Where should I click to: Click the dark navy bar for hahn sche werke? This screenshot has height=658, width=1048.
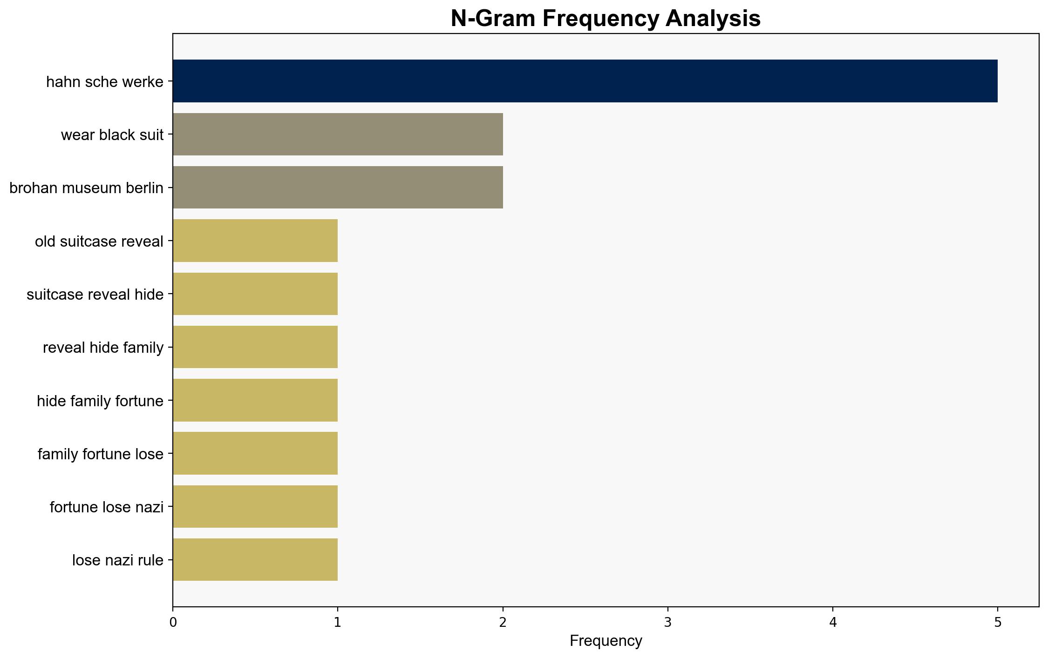[585, 81]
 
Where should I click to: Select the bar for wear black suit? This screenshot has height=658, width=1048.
[338, 134]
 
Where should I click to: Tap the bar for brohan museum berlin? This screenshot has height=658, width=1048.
[338, 188]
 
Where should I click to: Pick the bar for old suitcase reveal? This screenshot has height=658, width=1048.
[255, 241]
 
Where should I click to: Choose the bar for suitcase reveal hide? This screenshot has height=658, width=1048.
[255, 294]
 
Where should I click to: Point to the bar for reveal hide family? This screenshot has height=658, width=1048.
[255, 347]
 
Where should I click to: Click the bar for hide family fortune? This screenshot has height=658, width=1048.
[255, 400]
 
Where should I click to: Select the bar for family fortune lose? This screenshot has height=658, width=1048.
[255, 453]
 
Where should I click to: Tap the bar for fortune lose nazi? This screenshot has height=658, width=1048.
[255, 506]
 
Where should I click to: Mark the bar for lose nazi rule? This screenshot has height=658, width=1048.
[255, 559]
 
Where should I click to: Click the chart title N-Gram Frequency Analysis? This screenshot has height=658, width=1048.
[606, 19]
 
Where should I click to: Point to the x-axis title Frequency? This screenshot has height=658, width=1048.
[606, 641]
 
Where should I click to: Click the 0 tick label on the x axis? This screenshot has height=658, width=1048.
[173, 622]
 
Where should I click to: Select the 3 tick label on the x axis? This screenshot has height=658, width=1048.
[668, 622]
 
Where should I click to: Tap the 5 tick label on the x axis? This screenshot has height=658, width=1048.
[998, 622]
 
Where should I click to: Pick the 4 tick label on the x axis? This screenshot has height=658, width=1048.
[833, 622]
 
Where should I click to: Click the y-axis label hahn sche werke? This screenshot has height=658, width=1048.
[105, 82]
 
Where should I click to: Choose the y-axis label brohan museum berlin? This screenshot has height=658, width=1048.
[86, 188]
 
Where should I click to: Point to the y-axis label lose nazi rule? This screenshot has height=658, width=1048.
[118, 560]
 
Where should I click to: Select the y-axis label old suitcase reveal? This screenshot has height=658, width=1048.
[99, 241]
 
